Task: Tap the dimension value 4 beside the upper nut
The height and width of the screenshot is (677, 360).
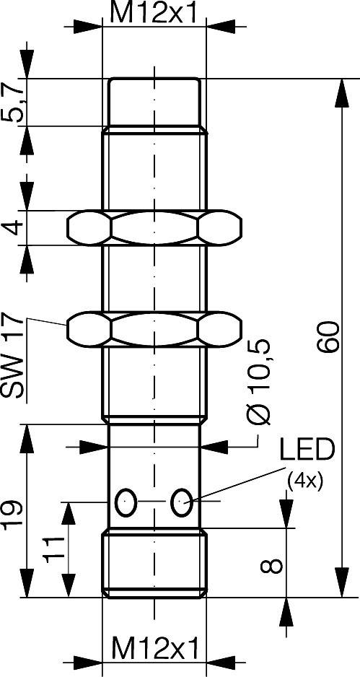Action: (x=16, y=230)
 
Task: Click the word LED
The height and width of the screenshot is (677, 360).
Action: (x=307, y=450)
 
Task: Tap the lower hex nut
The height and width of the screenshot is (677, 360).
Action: (x=154, y=328)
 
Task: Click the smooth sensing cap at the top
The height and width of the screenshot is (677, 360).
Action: (x=154, y=101)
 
